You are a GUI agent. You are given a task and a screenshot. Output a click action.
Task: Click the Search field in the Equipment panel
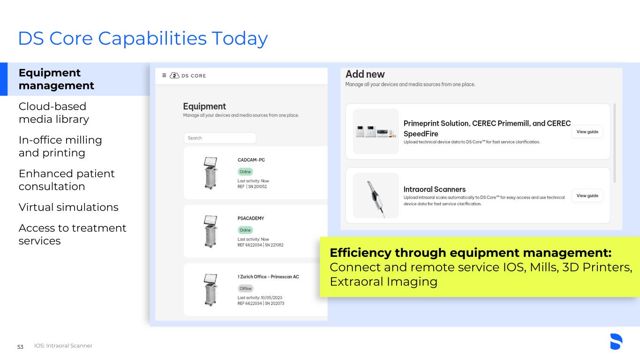pos(220,138)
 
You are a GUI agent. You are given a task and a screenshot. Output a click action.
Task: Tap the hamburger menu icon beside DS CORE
pos(164,75)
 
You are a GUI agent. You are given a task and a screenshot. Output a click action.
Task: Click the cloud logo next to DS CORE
pos(174,75)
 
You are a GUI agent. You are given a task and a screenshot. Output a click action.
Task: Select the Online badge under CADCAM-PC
pos(245,172)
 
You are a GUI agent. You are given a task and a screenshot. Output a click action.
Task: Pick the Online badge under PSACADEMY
pos(245,230)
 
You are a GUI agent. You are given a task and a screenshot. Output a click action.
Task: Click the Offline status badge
pos(245,289)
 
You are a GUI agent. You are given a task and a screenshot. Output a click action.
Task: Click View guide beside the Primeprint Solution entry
pos(587,132)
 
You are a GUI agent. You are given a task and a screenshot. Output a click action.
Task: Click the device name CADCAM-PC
pos(251,160)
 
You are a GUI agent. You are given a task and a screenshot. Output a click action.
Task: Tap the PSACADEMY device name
pos(251,218)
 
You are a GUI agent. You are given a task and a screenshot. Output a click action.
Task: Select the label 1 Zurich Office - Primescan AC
pos(268,277)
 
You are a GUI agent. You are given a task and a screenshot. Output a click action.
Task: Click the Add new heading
pos(365,74)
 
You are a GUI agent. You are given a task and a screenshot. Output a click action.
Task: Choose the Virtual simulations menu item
pos(68,207)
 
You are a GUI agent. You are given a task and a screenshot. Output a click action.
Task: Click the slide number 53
pos(20,347)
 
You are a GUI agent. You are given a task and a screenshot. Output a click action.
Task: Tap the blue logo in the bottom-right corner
pos(616,341)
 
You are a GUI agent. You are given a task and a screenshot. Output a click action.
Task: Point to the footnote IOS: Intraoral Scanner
pos(63,346)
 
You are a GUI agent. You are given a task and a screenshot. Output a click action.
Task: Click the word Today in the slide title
pos(240,39)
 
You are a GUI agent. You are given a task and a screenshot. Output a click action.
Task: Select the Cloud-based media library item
pos(54,113)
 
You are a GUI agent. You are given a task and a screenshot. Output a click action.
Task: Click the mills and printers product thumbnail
pos(376,131)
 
